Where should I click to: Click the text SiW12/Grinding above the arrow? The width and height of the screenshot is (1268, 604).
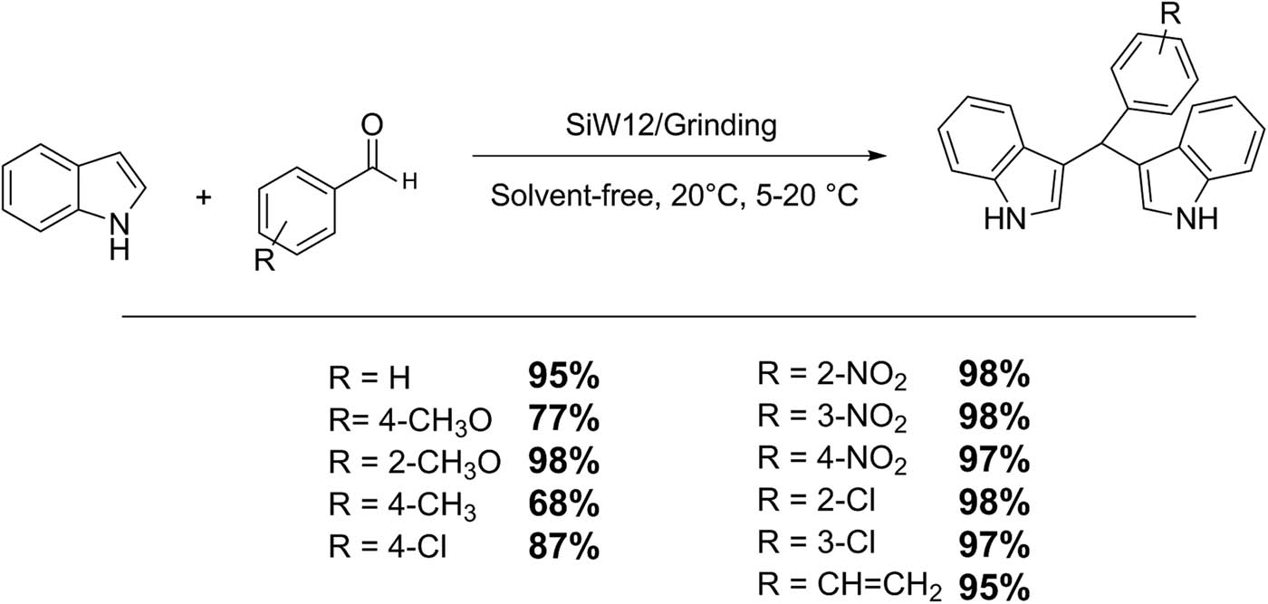pos(671,126)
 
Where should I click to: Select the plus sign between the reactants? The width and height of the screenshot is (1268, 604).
pos(203,197)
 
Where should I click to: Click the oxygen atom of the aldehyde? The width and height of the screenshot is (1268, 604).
pos(372,125)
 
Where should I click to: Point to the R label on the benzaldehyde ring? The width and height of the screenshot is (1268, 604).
pos(264,261)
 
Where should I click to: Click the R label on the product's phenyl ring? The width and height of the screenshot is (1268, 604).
pos(1170,14)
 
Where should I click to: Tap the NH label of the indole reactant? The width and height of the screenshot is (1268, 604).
pos(120,237)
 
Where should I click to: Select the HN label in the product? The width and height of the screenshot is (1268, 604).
pos(1005,218)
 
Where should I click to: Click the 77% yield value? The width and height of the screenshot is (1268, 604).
pos(563,419)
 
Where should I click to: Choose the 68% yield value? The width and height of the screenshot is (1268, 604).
pos(563,503)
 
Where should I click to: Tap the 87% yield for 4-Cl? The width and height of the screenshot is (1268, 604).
pos(563,546)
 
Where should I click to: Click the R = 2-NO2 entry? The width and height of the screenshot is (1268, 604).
pos(832,376)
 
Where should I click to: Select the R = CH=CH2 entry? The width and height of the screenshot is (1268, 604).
pos(850,587)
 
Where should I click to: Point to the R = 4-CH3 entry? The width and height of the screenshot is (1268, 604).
pos(402,505)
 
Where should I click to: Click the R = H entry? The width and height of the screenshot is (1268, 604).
pos(370,378)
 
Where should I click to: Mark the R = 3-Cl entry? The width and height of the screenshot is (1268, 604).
pos(816,542)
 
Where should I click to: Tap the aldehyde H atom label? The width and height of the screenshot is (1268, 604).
pos(409,182)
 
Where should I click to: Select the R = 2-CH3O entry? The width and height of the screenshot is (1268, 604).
pos(415,463)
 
